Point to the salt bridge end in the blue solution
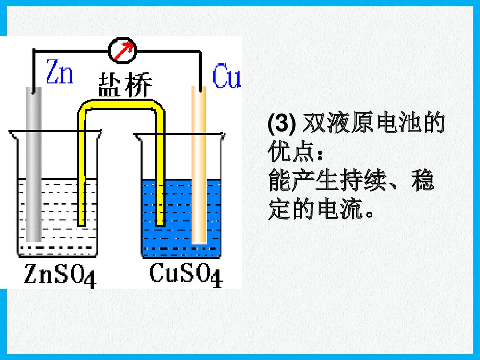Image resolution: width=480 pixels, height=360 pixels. pyautogui.click(x=160, y=218)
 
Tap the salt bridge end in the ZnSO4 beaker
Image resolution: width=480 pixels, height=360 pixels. pyautogui.click(x=82, y=218)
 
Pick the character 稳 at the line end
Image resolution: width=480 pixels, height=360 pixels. pyautogui.click(x=423, y=182)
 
